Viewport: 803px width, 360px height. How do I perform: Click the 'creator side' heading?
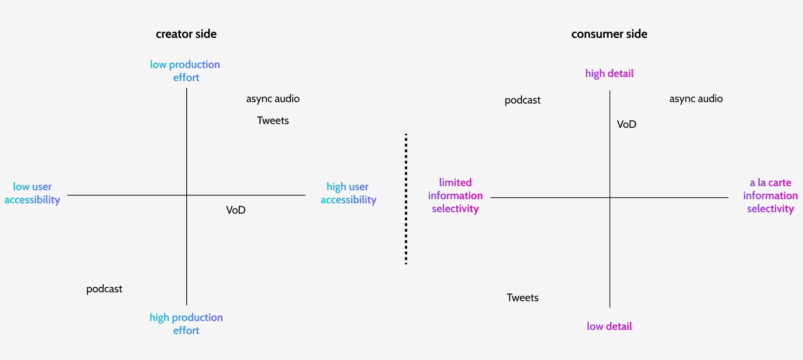pos(186,34)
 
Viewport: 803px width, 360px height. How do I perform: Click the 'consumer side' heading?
pos(609,34)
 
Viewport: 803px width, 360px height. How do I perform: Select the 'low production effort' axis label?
pos(185,71)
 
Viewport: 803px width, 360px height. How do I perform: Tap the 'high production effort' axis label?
pos(186,323)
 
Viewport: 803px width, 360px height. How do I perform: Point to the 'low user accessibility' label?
pos(32,193)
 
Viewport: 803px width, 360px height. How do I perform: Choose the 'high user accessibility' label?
pos(348,193)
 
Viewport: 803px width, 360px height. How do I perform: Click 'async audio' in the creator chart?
pos(273,99)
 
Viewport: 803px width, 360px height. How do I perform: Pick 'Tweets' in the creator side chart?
pos(273,121)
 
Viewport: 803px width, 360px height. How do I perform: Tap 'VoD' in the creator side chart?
pos(236,210)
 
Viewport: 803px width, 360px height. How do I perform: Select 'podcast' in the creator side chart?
pos(104,289)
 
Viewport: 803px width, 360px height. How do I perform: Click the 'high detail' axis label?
pos(609,73)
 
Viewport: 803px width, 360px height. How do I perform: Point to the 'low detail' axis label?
pos(609,326)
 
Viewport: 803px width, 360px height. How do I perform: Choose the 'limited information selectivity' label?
pos(455,195)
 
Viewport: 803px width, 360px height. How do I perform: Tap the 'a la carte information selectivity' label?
pos(770,195)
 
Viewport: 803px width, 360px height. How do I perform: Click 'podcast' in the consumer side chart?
pos(522,100)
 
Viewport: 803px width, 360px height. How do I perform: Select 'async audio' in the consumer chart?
pos(696,99)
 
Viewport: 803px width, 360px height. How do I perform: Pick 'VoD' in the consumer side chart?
pos(626,124)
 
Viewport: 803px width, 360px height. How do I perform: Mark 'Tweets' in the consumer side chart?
pos(522,298)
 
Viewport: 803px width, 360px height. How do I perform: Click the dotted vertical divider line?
pos(406,199)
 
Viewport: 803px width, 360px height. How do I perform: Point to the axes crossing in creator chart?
pos(187,195)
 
